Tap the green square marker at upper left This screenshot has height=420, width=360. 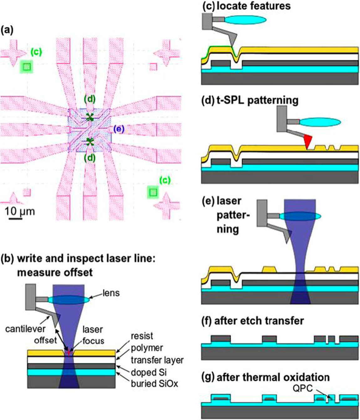tap(27, 67)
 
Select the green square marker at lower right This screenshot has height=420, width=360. tap(153, 192)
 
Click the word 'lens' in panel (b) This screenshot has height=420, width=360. tap(111, 293)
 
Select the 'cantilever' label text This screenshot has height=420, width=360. tap(25, 329)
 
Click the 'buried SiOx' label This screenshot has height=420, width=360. tap(154, 383)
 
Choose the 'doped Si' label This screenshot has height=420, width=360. tap(148, 372)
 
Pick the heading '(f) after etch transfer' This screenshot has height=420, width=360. tap(253, 321)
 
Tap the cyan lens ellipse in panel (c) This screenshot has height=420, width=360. tap(245, 20)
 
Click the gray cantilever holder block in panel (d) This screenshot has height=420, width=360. tap(282, 119)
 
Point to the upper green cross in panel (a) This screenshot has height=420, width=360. tap(90, 117)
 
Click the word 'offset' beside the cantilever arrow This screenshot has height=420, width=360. tap(45, 340)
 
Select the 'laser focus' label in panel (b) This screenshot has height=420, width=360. tap(93, 335)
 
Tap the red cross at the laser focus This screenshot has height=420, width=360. tap(68, 352)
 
